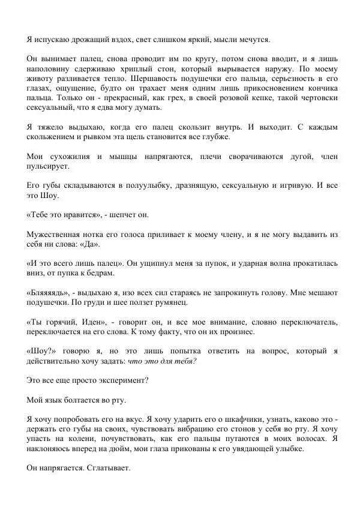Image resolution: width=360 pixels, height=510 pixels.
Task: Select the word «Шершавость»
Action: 178,78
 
